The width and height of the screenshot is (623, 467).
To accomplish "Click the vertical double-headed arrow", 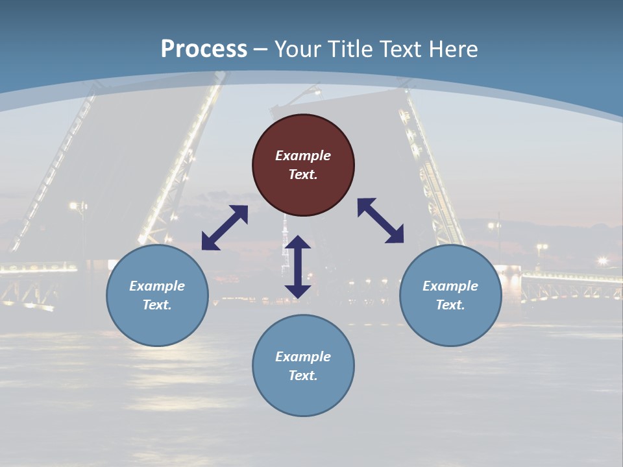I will click(298, 267).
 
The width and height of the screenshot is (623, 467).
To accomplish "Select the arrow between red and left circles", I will click(225, 228).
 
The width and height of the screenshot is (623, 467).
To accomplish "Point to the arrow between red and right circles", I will click(380, 221).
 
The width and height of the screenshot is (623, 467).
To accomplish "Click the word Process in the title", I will click(204, 49).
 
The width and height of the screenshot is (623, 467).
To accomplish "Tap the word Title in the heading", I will click(348, 49).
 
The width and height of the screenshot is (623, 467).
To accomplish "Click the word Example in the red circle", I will click(303, 156).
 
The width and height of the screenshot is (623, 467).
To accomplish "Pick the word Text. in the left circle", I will click(157, 305).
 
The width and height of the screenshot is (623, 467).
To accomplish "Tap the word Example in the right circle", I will click(450, 286).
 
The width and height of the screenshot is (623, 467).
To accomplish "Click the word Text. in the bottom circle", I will click(303, 376).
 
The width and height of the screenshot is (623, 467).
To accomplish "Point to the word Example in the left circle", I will click(157, 286).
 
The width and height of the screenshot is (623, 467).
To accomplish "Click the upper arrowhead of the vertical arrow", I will click(298, 243).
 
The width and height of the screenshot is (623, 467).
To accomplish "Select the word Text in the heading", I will click(398, 49).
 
